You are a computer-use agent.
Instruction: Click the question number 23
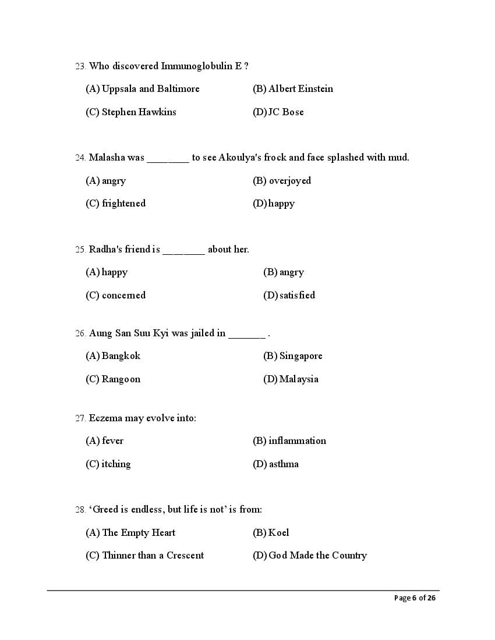[80, 66]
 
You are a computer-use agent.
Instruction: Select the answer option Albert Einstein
[293, 89]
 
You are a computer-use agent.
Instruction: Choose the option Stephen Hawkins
[131, 112]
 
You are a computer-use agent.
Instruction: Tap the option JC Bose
[278, 112]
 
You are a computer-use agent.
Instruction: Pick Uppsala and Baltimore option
[143, 89]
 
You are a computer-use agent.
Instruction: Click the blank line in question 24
[168, 159]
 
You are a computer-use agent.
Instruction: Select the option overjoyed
[282, 181]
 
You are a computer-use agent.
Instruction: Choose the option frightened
[116, 204]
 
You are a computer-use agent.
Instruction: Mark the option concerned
[116, 296]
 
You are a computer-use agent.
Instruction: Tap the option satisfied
[289, 296]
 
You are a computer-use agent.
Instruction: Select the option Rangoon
[113, 379]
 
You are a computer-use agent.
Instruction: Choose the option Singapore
[293, 356]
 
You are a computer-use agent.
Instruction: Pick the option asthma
[276, 464]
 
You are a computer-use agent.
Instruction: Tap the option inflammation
[289, 441]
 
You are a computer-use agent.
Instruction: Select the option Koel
[271, 533]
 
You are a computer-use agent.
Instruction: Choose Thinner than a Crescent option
[145, 556]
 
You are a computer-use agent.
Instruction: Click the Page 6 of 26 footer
[415, 598]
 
